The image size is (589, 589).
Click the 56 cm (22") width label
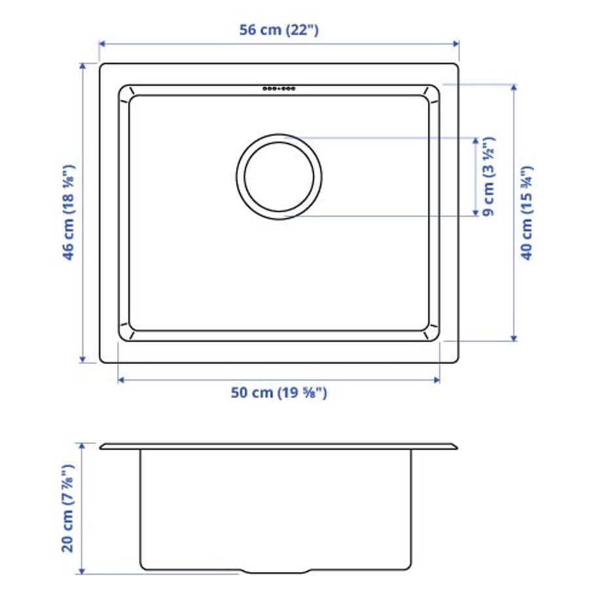[279, 30]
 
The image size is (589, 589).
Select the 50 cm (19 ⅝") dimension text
[279, 393]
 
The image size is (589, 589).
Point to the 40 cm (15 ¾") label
[527, 213]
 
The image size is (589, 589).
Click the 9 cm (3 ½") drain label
[488, 175]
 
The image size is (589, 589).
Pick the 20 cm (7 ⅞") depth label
[69, 508]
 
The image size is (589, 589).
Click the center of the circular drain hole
[279, 175]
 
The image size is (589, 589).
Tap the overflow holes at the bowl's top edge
[279, 88]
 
